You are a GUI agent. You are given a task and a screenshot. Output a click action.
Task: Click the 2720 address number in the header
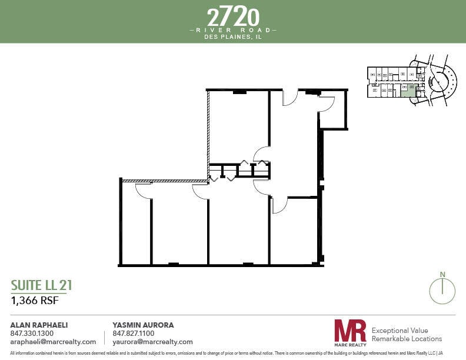[233, 15]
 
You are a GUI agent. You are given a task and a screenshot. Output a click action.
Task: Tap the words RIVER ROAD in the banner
[233, 29]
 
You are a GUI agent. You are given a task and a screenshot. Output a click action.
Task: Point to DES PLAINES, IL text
[233, 36]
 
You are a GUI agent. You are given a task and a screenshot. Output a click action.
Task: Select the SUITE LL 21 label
[42, 286]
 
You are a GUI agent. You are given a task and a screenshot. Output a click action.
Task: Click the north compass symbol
[443, 289]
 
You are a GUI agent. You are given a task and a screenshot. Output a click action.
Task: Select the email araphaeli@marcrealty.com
[54, 342]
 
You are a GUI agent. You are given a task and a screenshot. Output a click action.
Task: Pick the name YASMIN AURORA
[143, 325]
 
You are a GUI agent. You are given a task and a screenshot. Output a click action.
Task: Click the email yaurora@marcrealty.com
[152, 342]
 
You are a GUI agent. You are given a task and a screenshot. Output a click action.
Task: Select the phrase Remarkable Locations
[407, 339]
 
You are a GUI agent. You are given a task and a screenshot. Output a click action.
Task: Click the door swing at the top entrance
[290, 98]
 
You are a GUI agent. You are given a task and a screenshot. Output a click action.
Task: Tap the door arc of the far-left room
[144, 190]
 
